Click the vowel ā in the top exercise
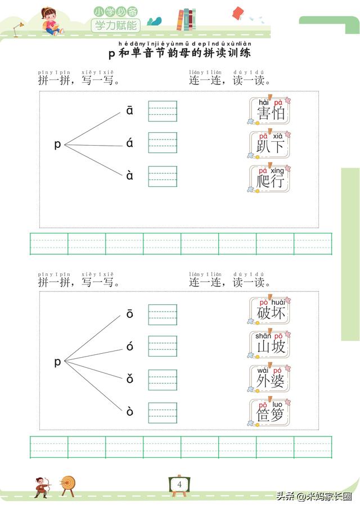point(130,111)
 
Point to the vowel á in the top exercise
point(130,143)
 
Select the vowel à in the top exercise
point(130,175)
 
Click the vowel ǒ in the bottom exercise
point(130,379)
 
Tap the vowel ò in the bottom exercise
point(130,412)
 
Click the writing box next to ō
point(163,314)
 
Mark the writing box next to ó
point(163,346)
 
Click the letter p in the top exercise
point(57,145)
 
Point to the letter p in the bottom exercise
point(57,362)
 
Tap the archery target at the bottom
point(69,484)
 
